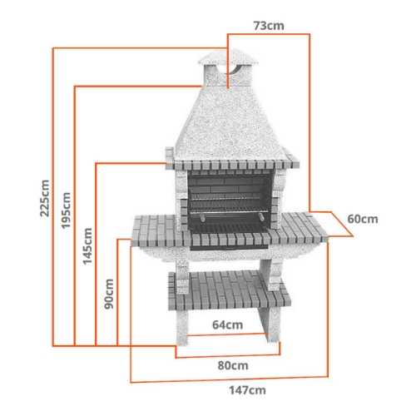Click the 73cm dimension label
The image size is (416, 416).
(x=268, y=26)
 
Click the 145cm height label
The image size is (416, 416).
(x=88, y=247)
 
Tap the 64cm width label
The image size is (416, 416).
(x=227, y=324)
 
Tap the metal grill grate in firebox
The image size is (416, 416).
(x=226, y=203)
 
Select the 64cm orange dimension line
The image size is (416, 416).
(x=227, y=334)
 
